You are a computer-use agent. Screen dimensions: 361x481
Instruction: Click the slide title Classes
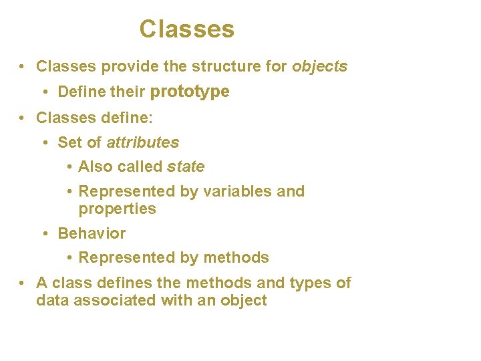point(187,29)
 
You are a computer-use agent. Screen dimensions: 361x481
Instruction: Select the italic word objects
point(319,67)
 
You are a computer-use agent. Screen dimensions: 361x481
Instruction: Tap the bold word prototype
point(190,92)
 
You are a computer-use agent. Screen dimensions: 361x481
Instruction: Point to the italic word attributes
point(143,142)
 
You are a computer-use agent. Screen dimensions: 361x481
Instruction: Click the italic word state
point(186,166)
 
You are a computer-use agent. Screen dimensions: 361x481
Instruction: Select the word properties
point(117,209)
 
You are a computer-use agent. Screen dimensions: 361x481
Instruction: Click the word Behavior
point(92,233)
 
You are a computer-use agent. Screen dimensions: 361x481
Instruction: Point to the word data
point(53,301)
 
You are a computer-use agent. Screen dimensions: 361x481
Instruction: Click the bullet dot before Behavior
point(44,233)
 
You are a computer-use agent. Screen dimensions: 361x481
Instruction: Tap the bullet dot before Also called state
point(69,166)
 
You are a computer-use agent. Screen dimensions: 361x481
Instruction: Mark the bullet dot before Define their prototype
point(44,92)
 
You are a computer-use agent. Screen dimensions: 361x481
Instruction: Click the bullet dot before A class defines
point(23,283)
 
